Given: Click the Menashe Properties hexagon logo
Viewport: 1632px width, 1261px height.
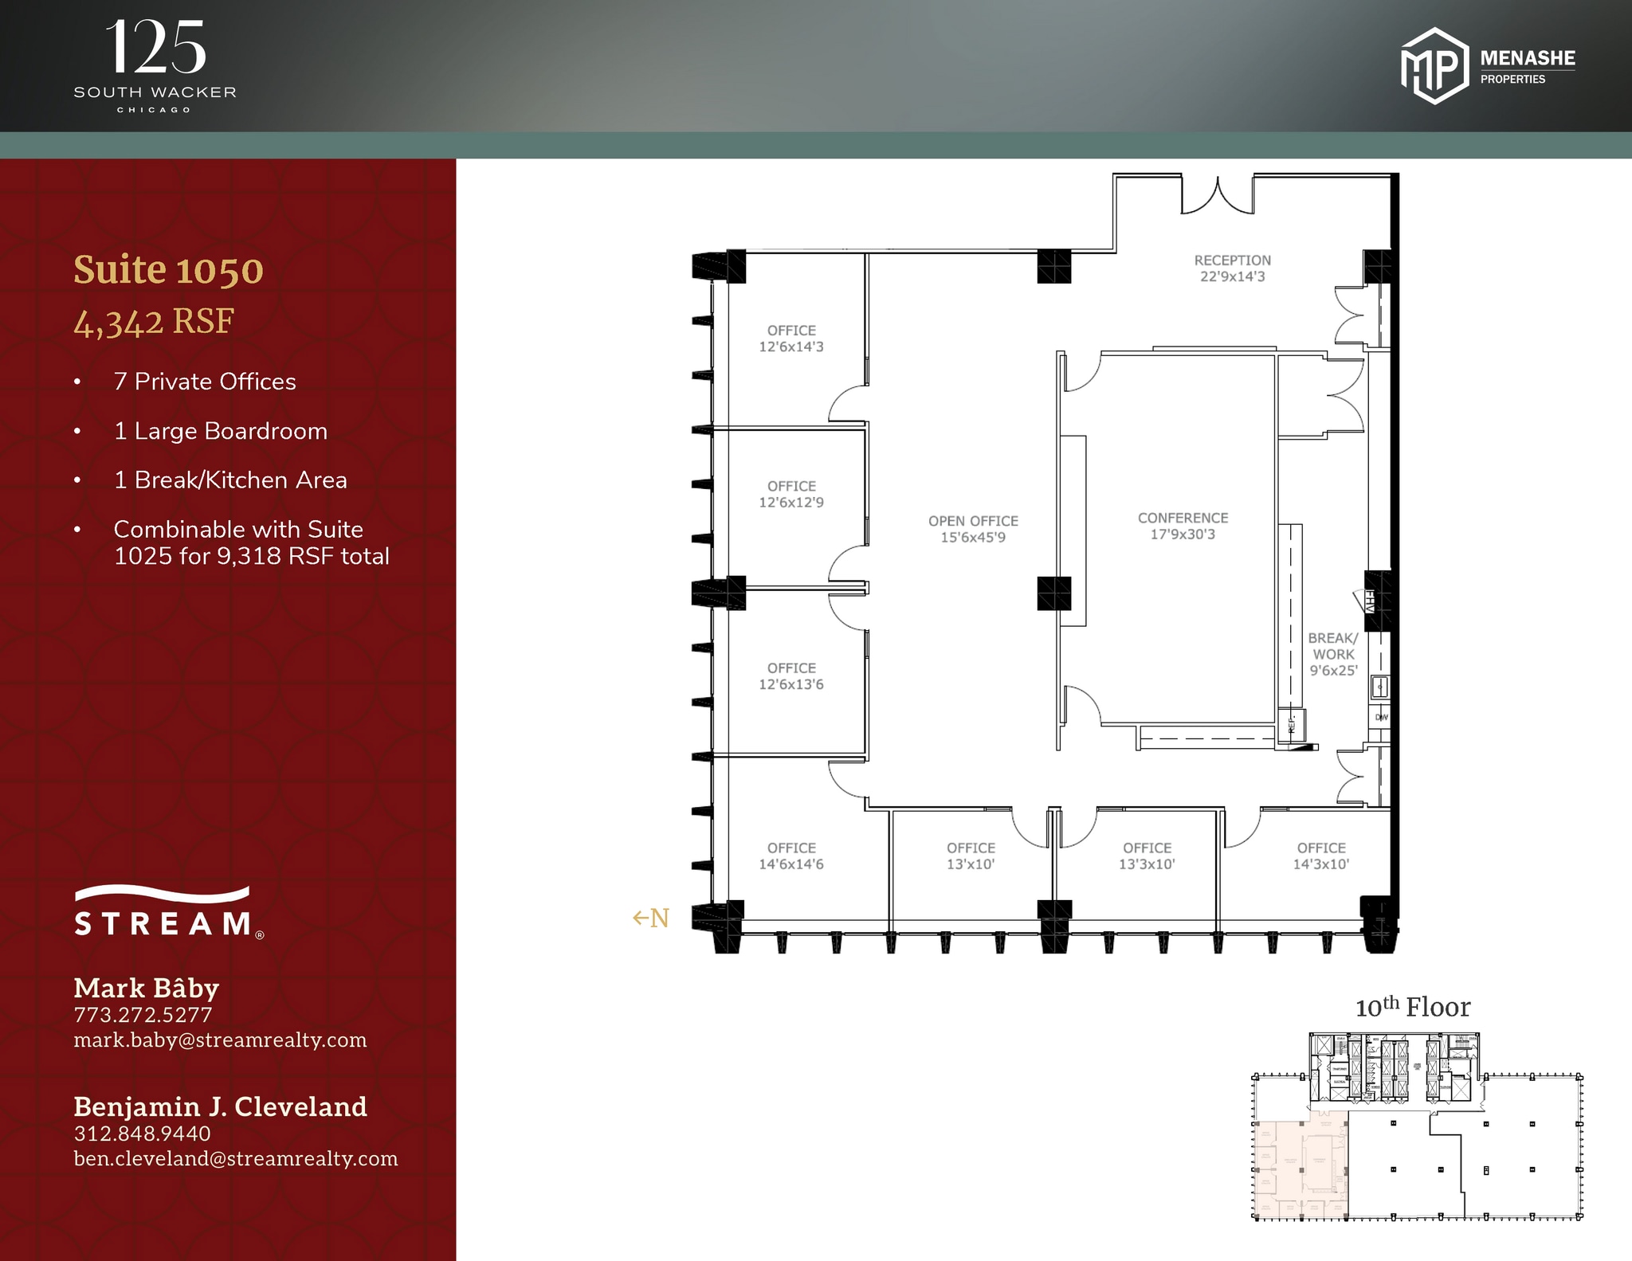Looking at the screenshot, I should click(x=1434, y=66).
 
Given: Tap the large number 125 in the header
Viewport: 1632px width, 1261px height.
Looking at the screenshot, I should click(x=155, y=48).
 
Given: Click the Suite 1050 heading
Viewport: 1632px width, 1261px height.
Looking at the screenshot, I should click(x=168, y=270).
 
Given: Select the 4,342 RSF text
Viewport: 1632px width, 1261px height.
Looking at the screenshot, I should click(x=154, y=322).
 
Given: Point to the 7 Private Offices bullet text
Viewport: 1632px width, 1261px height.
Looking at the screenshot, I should click(x=205, y=382).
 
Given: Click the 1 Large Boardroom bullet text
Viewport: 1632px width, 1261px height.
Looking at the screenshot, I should click(x=221, y=431).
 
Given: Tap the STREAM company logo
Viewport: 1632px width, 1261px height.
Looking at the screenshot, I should click(x=168, y=913).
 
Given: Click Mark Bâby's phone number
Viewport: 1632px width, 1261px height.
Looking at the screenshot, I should click(x=143, y=1015).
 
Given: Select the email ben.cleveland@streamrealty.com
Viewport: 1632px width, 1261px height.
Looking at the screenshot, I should click(x=236, y=1158).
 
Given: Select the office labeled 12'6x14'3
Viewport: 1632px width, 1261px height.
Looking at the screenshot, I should click(x=791, y=339).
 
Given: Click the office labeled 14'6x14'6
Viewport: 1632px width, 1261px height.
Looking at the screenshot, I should click(x=791, y=856).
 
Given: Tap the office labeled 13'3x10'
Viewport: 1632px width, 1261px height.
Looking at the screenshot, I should click(x=1147, y=856).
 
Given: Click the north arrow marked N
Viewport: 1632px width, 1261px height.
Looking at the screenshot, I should click(x=650, y=918).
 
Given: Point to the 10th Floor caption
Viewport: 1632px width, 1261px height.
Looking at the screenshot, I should click(x=1413, y=1007).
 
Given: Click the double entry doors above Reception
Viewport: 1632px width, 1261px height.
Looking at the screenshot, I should click(x=1218, y=196).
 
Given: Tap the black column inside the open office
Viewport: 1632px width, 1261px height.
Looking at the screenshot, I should click(x=1053, y=593).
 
